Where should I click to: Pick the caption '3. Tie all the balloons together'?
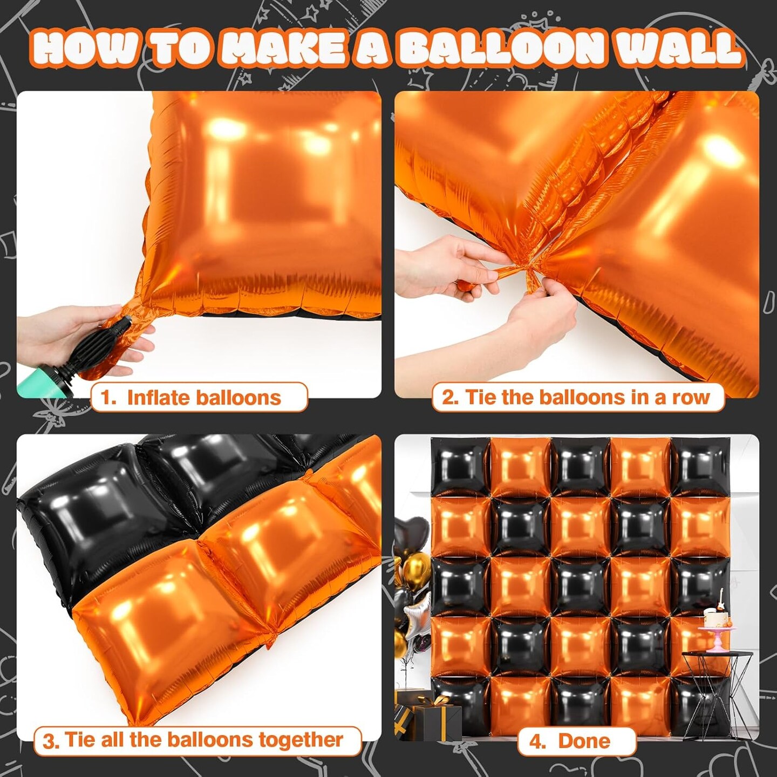tap(197, 740)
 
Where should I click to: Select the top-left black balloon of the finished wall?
tap(460, 466)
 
